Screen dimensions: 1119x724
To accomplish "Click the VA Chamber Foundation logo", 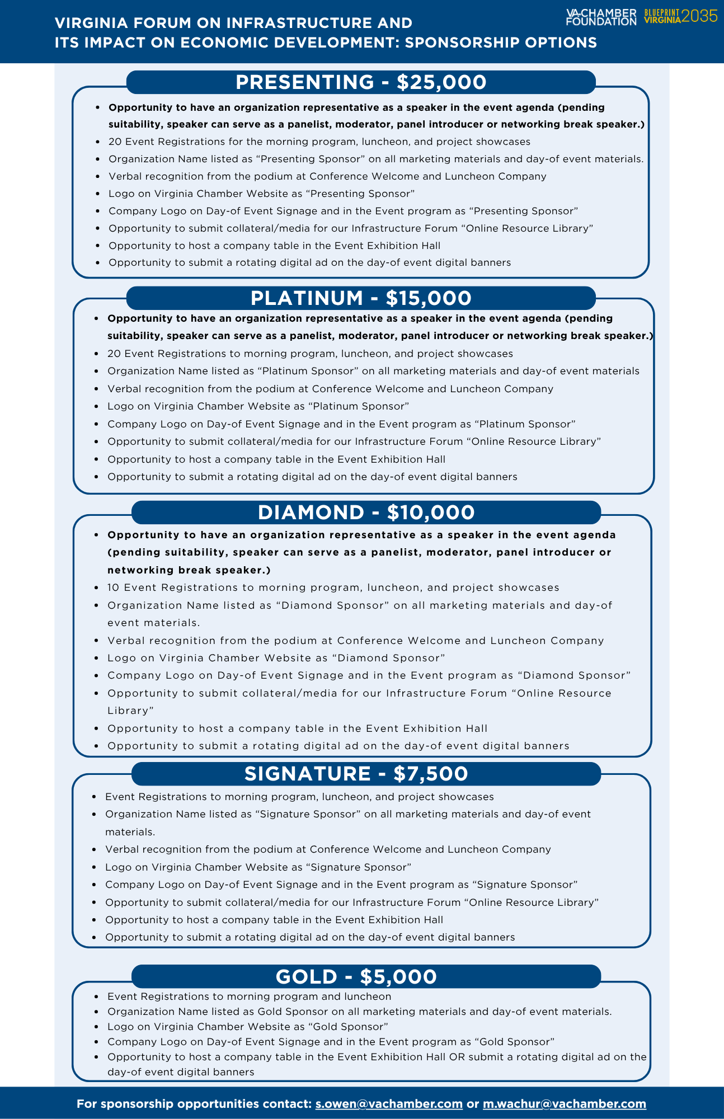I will (601, 17).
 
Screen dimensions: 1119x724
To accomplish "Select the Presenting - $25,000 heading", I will (361, 82).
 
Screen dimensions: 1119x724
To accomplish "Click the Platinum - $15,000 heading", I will (361, 298).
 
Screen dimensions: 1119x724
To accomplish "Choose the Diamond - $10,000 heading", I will (366, 513).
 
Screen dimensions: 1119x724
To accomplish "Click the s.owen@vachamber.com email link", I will (389, 1104).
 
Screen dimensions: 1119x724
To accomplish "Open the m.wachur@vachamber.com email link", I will (565, 1104).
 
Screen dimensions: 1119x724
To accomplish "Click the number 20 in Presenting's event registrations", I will (115, 142).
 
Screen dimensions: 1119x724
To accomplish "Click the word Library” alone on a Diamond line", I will (130, 711).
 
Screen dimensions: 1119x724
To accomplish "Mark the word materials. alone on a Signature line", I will (130, 832).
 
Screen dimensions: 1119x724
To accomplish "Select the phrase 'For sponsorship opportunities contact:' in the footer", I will (194, 1104).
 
